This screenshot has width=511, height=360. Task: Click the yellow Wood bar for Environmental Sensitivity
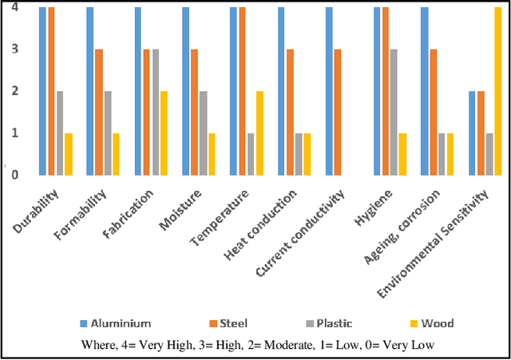[498, 91]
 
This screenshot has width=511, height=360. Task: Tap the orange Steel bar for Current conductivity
[338, 112]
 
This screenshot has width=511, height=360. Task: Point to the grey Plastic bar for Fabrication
[156, 112]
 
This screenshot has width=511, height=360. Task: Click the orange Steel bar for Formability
[99, 112]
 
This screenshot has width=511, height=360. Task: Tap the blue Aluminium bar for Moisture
[185, 91]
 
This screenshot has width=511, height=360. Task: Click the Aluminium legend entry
[116, 323]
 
